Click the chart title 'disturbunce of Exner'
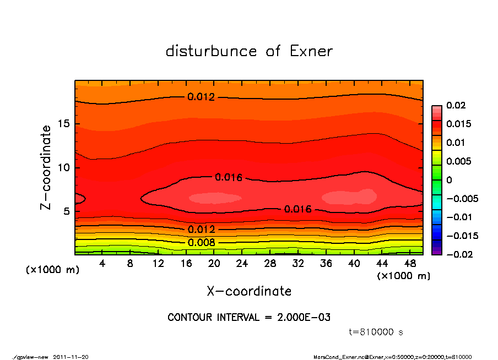(x=249, y=51)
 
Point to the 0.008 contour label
(x=201, y=243)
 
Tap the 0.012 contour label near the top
(x=201, y=97)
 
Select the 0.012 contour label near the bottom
(x=201, y=230)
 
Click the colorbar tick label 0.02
(x=456, y=105)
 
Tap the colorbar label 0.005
(x=458, y=161)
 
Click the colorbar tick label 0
(x=449, y=180)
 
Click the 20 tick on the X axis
(x=214, y=264)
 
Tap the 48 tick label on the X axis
(x=409, y=264)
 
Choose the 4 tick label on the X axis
(x=102, y=264)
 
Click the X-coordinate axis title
(x=249, y=291)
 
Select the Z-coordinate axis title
(x=46, y=167)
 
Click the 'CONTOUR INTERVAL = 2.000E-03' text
(x=249, y=318)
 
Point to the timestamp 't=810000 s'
(x=376, y=332)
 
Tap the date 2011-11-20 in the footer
(x=71, y=357)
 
